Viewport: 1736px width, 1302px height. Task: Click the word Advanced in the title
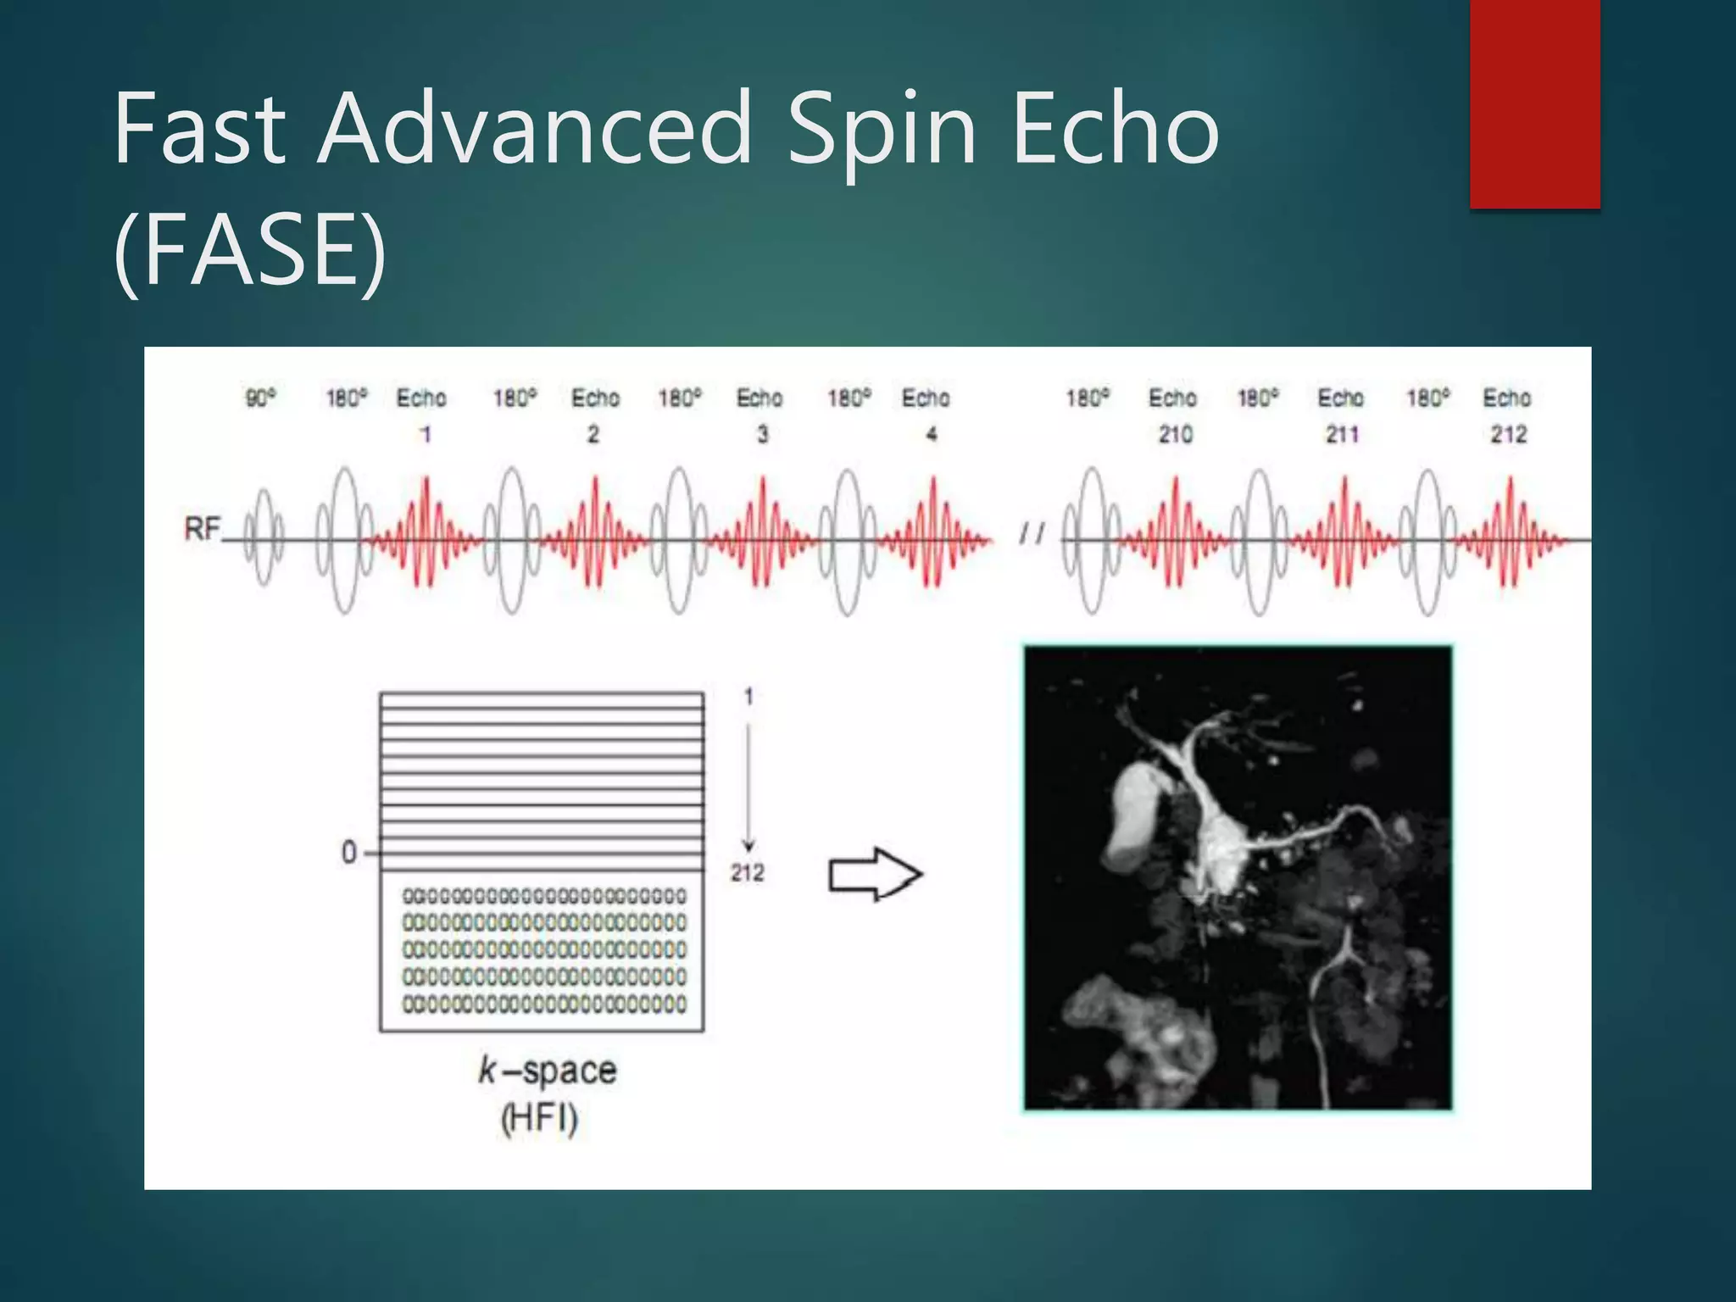[x=534, y=129]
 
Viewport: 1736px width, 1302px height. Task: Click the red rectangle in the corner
[x=1534, y=103]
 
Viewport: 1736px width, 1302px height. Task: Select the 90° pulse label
[x=260, y=398]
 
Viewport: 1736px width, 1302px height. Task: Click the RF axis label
[x=202, y=530]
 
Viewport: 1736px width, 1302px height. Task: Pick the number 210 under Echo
[x=1175, y=435]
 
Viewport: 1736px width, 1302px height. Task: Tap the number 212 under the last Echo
[x=1509, y=435]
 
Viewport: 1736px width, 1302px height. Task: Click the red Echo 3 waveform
[x=763, y=534]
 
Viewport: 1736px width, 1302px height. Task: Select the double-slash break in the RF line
[x=1032, y=533]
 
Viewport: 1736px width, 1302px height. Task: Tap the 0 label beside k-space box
[x=348, y=852]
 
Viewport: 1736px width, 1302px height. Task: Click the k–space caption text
[x=547, y=1071]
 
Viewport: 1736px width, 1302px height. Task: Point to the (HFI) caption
[x=540, y=1119]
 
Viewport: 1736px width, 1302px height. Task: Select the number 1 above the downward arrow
[x=748, y=697]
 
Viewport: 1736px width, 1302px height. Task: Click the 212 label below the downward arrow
[x=748, y=873]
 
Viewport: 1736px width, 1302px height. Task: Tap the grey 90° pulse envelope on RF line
[x=264, y=537]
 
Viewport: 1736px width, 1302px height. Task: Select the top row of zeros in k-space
[x=543, y=896]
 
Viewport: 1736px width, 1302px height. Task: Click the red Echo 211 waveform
[x=1344, y=534]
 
